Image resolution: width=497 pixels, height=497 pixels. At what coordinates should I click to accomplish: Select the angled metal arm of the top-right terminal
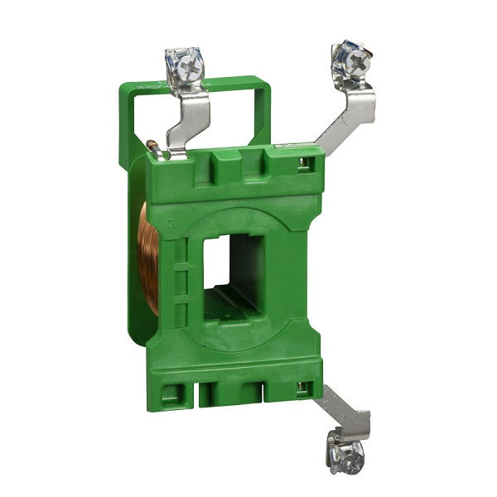tap(348, 116)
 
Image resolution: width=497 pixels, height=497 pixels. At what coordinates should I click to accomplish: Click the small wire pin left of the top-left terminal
tap(152, 148)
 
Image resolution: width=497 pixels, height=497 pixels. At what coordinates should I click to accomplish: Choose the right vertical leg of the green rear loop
tap(263, 116)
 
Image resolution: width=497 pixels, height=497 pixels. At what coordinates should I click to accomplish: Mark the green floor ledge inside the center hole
tap(236, 305)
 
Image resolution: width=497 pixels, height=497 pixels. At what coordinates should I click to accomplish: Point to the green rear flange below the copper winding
tap(141, 327)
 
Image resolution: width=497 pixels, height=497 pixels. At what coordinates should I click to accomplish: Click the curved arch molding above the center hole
tap(240, 214)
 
